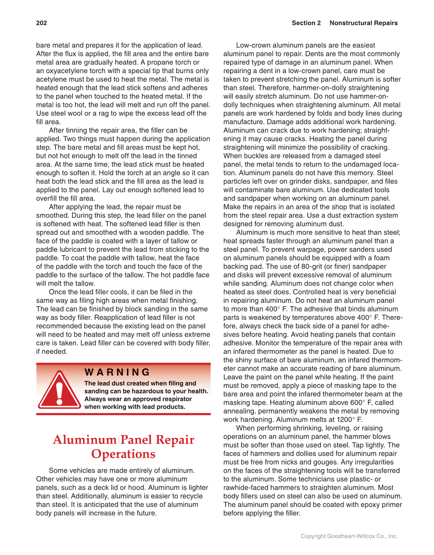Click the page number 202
[x=41, y=23]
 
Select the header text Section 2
[x=306, y=23]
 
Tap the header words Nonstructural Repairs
[x=363, y=23]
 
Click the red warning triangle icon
[x=59, y=390]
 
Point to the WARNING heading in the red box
[x=117, y=372]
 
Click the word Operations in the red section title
[x=123, y=454]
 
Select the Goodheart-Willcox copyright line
[x=349, y=536]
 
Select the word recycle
[x=190, y=496]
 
